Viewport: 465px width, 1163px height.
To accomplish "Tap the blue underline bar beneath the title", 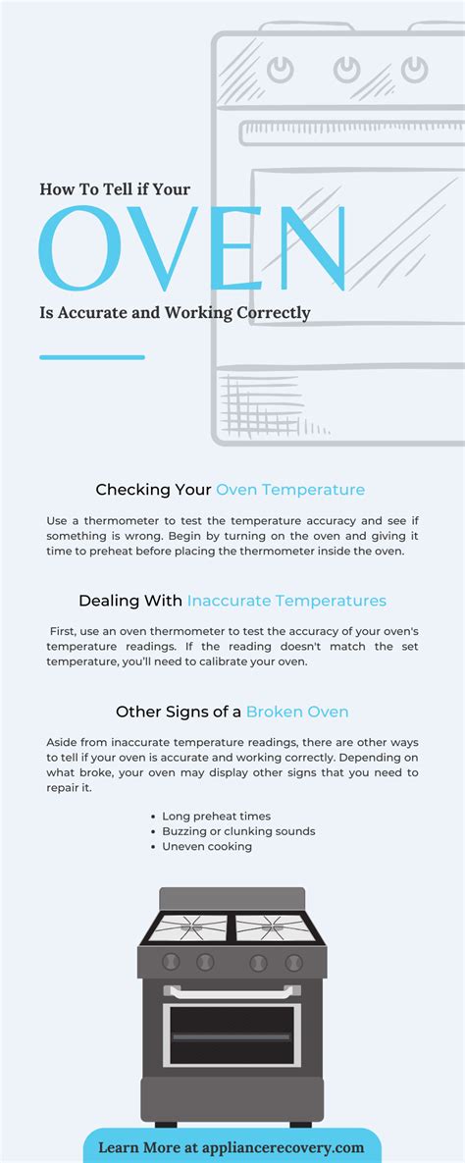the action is [92, 357].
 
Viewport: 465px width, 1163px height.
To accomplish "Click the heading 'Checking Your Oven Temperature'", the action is [231, 490].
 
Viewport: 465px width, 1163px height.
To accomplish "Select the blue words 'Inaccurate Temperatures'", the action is [286, 601].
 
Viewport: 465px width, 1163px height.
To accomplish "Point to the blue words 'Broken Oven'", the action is [297, 712].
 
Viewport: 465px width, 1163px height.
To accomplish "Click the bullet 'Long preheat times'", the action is [217, 816].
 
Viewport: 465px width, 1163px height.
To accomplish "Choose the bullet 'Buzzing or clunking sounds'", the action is [238, 831].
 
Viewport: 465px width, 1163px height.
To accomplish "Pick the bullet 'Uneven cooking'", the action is [207, 846].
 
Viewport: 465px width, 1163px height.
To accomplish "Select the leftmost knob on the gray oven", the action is [171, 962].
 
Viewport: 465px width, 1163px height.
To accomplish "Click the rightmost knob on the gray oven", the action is [292, 962].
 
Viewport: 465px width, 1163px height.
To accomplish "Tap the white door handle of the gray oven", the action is [232, 992].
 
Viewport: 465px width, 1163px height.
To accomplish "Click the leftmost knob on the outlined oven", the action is [282, 70].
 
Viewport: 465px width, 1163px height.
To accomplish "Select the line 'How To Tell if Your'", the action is [115, 189].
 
